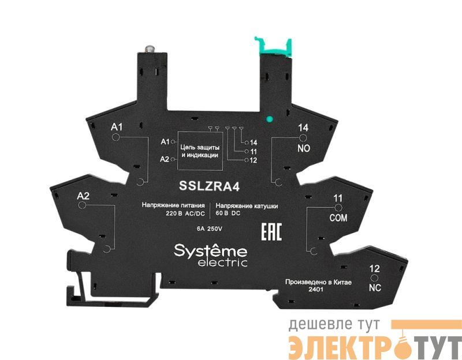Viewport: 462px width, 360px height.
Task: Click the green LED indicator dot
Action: (x=269, y=121)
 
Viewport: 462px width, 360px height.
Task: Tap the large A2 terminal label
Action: (x=84, y=196)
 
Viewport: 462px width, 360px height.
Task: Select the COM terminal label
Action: (x=337, y=217)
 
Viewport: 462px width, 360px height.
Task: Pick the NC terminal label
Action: (x=374, y=287)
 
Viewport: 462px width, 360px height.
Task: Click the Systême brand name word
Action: (x=211, y=252)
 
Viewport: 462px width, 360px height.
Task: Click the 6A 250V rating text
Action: (x=210, y=228)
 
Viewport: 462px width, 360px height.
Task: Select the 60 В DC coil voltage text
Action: (x=228, y=213)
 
